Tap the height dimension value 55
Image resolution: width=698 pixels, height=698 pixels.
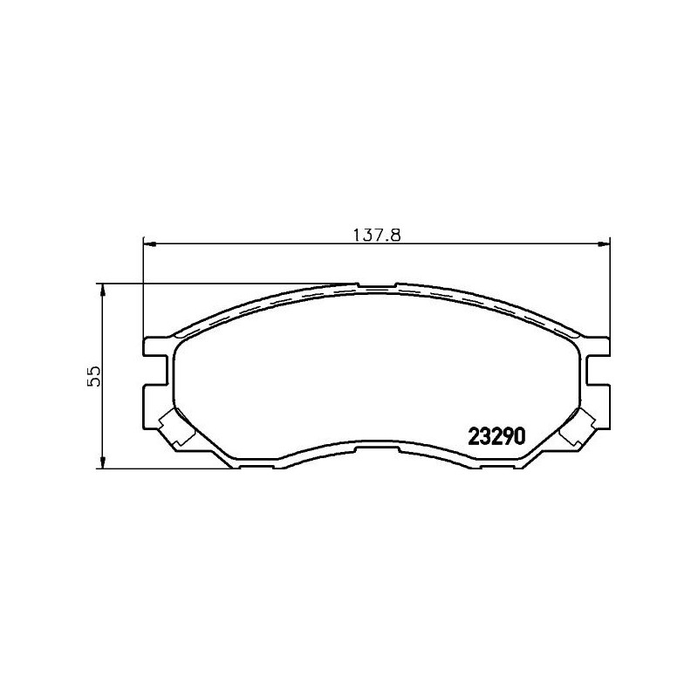(94, 376)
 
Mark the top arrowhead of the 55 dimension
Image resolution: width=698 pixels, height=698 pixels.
(103, 289)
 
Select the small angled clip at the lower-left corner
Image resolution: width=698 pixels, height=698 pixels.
(174, 427)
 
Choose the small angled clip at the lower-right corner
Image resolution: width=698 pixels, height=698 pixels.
(577, 427)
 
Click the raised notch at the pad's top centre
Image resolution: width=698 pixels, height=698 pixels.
(376, 284)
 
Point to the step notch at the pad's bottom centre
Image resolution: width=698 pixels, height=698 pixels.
(376, 447)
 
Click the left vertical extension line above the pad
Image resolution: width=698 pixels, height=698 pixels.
(142, 288)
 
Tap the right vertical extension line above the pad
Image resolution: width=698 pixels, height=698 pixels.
(609, 288)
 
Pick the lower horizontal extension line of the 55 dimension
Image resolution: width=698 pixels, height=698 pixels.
(166, 468)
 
